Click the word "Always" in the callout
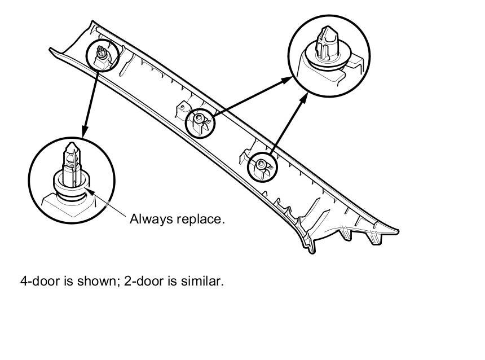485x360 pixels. [x=149, y=219]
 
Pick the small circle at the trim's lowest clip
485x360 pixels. [x=263, y=165]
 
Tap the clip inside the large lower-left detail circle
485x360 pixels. [x=71, y=169]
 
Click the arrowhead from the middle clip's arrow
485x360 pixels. [x=289, y=80]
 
